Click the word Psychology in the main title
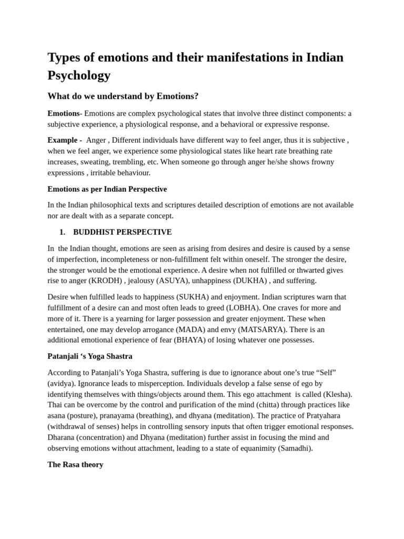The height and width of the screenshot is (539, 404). point(79,75)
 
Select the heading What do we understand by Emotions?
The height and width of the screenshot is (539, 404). point(123,96)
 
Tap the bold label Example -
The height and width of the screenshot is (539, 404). point(64,140)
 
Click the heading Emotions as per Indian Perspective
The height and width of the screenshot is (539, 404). point(107,189)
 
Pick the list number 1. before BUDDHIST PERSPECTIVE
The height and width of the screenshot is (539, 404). point(62,232)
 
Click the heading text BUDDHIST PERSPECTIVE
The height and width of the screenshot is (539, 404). point(122,232)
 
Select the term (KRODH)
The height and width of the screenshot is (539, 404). point(105,281)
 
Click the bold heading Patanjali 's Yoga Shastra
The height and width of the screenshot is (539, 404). point(90,356)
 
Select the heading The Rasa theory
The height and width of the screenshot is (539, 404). point(75,465)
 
